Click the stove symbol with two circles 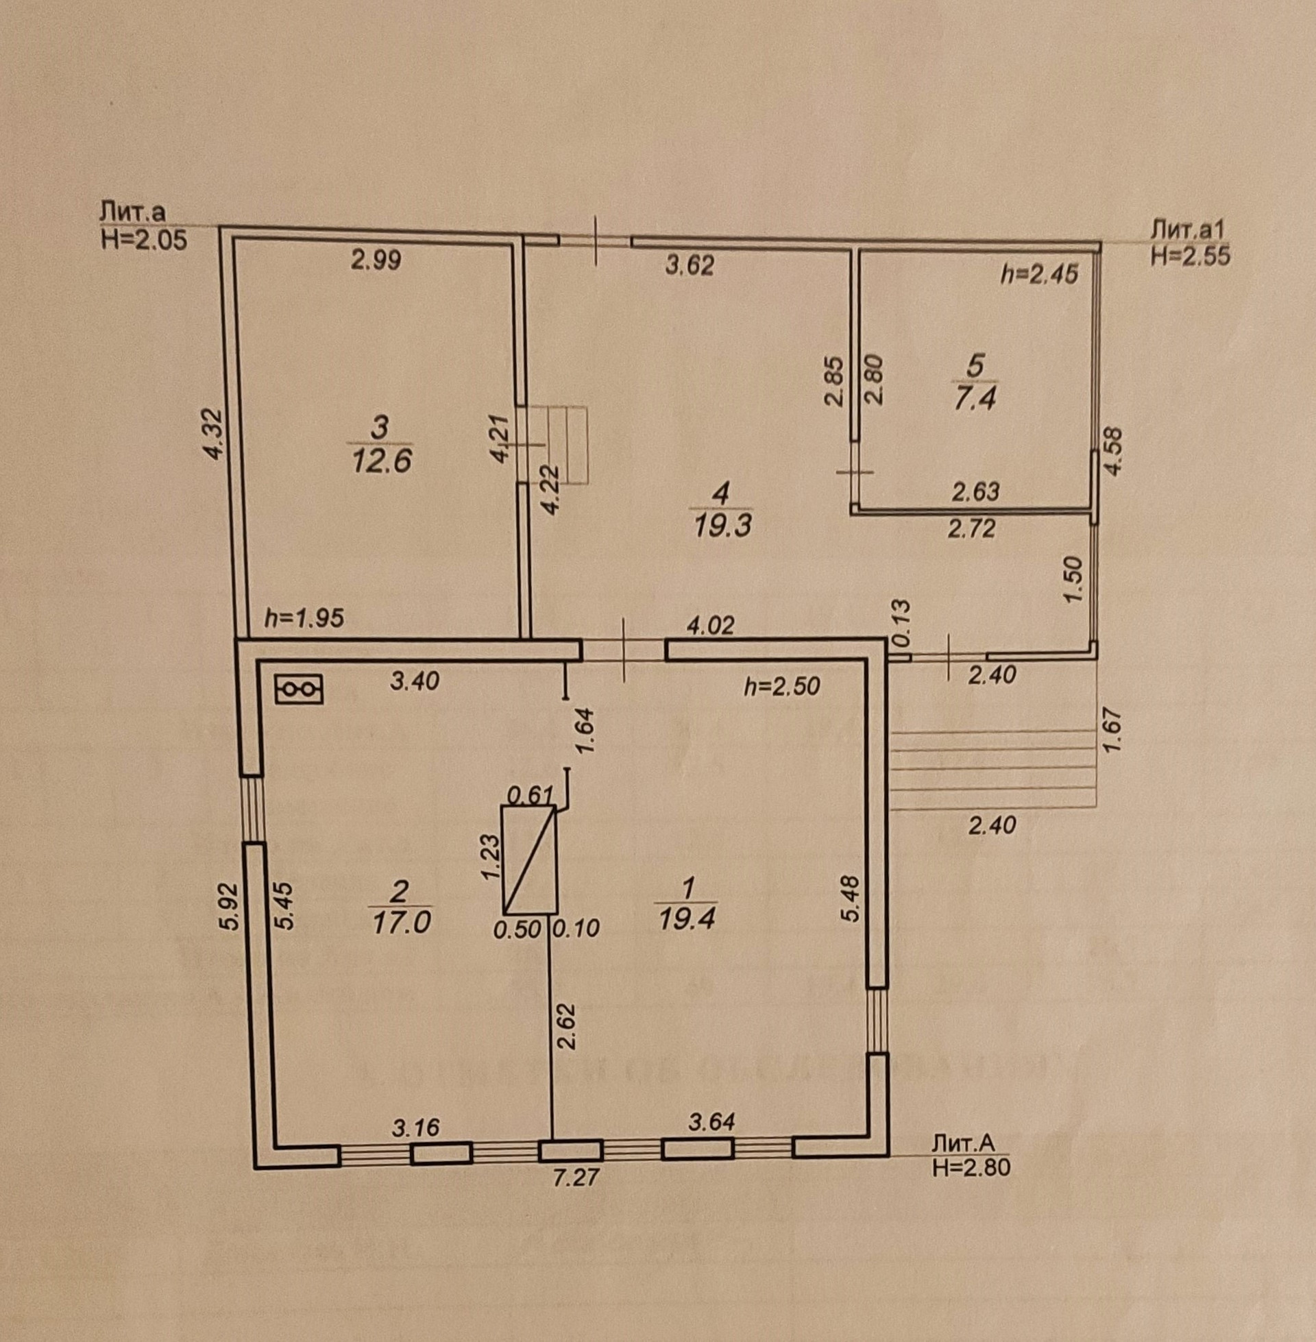[x=300, y=689]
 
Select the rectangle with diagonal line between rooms [x=528, y=859]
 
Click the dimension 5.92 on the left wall [x=231, y=906]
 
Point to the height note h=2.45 [x=1040, y=275]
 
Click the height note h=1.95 [x=304, y=618]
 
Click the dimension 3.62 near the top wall [x=688, y=265]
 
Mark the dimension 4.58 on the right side [x=1114, y=450]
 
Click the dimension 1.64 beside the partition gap [x=585, y=733]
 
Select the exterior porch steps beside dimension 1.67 [x=992, y=768]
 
